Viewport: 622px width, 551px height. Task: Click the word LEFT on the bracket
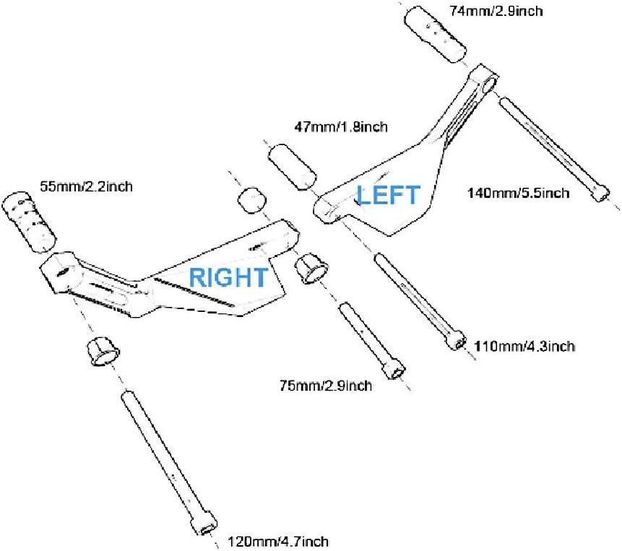pyautogui.click(x=388, y=195)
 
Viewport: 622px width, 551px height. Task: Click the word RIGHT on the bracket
pyautogui.click(x=228, y=277)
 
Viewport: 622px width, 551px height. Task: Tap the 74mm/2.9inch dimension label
pyautogui.click(x=495, y=11)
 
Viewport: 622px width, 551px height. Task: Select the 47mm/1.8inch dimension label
pyautogui.click(x=341, y=127)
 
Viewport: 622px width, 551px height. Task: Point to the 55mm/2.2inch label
pyautogui.click(x=86, y=186)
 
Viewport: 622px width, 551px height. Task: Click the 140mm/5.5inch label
pyautogui.click(x=519, y=193)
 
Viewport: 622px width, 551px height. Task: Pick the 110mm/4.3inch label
pyautogui.click(x=524, y=347)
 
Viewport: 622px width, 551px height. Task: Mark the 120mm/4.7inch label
pyautogui.click(x=279, y=541)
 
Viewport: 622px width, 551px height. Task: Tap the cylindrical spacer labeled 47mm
pyautogui.click(x=293, y=165)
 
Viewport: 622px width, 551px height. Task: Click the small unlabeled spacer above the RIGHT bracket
pyautogui.click(x=250, y=199)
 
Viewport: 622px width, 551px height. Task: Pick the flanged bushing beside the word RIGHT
pyautogui.click(x=312, y=269)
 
